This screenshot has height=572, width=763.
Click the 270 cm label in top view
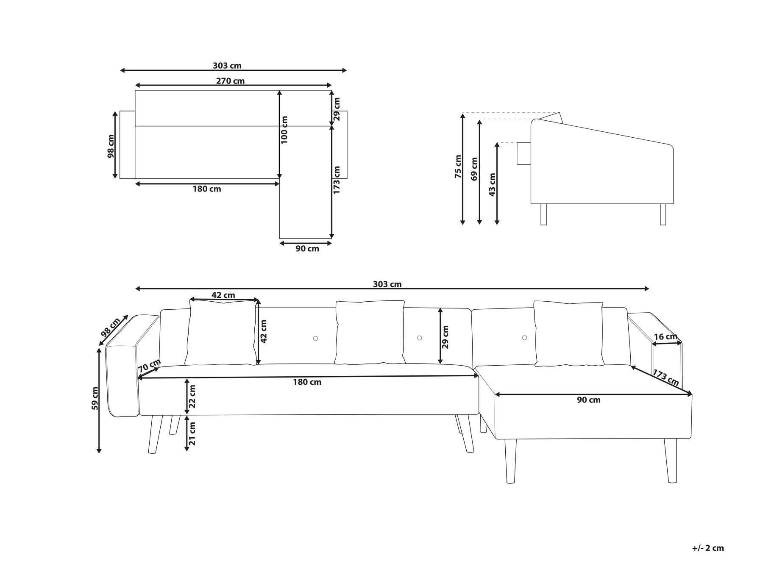230,81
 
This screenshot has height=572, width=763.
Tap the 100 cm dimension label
284,130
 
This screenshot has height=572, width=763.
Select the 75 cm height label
458,166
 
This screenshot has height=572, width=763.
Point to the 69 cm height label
474,169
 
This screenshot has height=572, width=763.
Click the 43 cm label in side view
492,184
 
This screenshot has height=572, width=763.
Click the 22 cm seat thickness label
192,397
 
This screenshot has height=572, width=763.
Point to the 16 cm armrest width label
666,337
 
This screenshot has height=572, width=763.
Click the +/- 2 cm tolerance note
708,548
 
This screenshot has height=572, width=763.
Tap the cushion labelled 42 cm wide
222,333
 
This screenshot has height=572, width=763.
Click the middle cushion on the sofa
370,333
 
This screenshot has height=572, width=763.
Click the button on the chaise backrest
524,338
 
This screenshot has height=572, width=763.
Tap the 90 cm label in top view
307,249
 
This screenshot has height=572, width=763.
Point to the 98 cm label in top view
111,146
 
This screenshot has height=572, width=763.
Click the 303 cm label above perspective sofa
387,284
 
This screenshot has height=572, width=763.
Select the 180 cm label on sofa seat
307,382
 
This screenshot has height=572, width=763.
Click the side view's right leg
663,214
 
